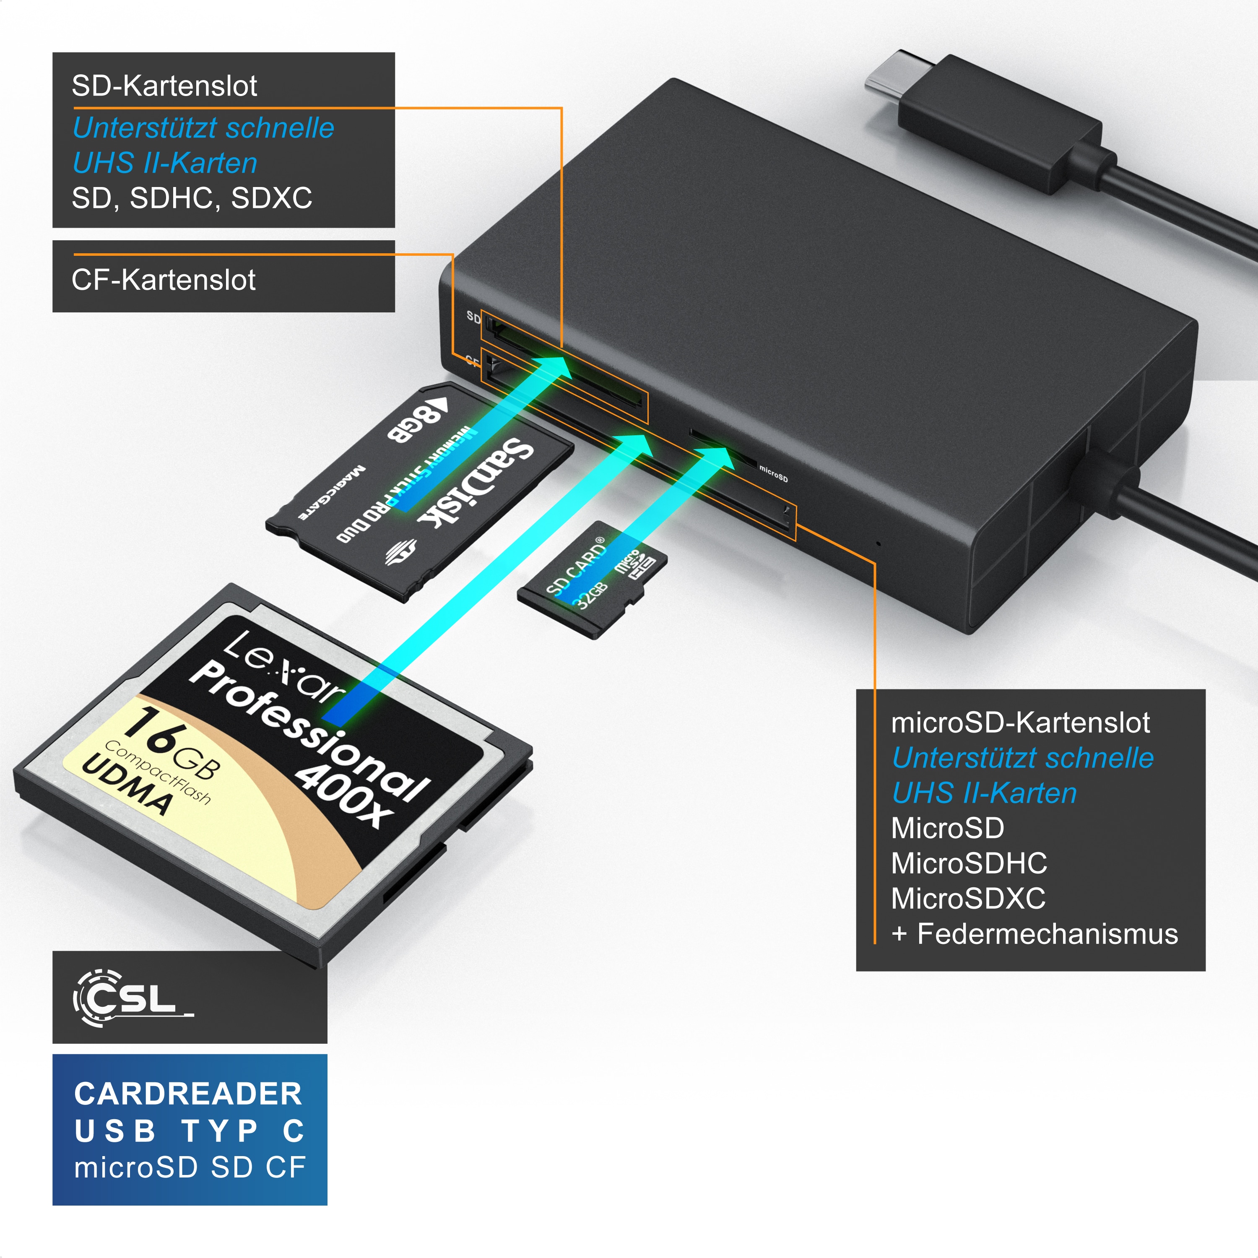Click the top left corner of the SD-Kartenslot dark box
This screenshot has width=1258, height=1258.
coord(53,53)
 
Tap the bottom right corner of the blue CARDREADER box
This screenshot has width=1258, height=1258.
coord(327,1205)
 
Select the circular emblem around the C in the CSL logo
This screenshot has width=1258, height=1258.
coord(98,998)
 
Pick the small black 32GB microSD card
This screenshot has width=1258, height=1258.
coord(593,580)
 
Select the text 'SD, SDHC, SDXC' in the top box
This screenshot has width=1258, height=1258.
coord(192,198)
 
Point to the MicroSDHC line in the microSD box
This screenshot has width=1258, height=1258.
coord(969,863)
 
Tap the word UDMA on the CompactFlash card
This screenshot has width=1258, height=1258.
coord(127,785)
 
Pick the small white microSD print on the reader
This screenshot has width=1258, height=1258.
coord(774,474)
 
